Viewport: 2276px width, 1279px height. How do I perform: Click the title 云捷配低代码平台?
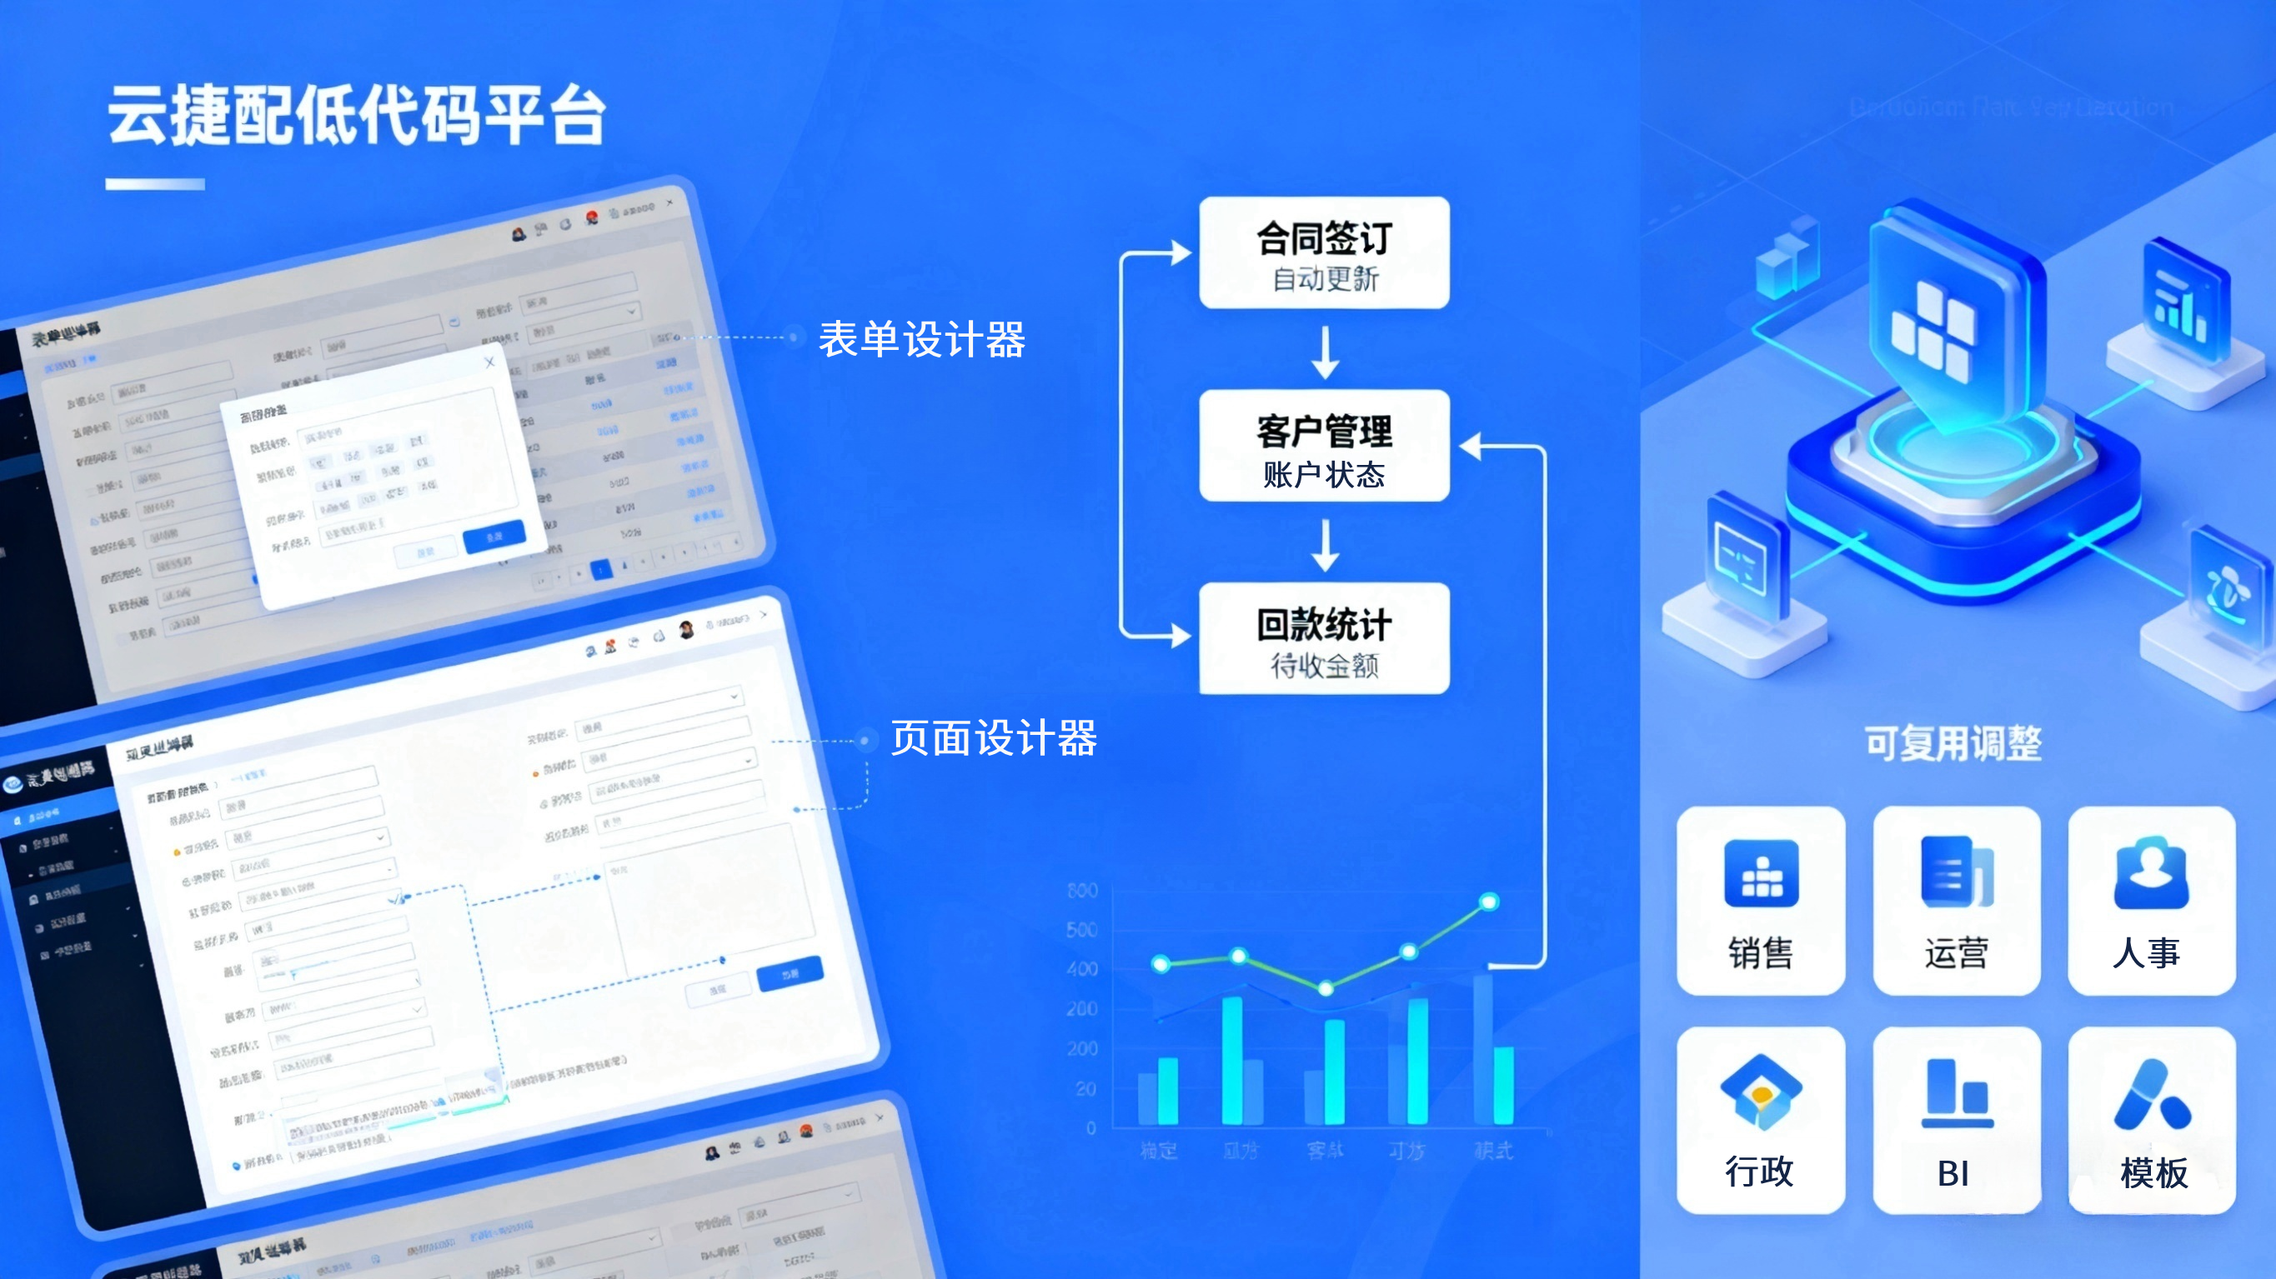click(x=357, y=117)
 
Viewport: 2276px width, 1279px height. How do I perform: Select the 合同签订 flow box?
click(x=1324, y=252)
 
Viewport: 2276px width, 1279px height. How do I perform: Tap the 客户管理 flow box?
click(x=1324, y=446)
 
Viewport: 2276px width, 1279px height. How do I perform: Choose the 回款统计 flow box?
click(x=1324, y=638)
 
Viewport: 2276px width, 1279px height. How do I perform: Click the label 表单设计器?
click(x=921, y=340)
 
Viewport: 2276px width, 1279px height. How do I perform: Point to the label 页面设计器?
click(x=993, y=738)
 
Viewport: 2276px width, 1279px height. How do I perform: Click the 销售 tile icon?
click(x=1761, y=873)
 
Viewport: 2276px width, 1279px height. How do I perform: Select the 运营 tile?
click(x=1956, y=900)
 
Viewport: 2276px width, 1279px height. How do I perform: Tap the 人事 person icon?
click(x=2151, y=873)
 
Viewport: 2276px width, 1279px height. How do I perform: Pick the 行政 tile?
click(x=1760, y=1120)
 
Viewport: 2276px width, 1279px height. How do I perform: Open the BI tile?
click(x=1956, y=1120)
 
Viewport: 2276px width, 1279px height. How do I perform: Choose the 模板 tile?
click(x=2152, y=1120)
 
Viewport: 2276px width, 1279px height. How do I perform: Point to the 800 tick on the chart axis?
click(x=1082, y=891)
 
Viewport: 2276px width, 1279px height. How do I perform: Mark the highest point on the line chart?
click(x=1489, y=902)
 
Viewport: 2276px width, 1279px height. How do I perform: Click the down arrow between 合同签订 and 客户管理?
click(x=1325, y=352)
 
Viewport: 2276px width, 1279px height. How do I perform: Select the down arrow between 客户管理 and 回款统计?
click(x=1325, y=544)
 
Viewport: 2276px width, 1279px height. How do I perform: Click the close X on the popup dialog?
click(x=489, y=362)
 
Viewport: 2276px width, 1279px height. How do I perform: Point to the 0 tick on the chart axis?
click(x=1091, y=1128)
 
